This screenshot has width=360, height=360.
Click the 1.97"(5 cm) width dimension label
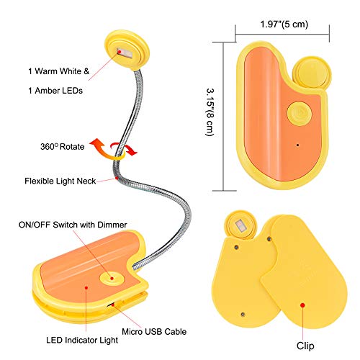(x=284, y=24)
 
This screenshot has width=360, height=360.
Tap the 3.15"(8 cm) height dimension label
(x=210, y=112)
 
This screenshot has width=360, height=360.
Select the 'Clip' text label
(x=305, y=346)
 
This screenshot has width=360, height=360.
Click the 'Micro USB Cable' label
(x=154, y=332)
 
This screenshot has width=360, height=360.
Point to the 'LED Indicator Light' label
(x=82, y=341)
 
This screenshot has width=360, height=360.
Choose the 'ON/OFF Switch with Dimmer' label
(x=73, y=225)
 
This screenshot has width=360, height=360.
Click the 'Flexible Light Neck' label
(x=60, y=181)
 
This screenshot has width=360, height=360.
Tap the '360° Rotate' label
(x=63, y=146)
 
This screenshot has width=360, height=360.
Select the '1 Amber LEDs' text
(x=55, y=91)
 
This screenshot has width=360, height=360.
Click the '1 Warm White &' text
(x=59, y=71)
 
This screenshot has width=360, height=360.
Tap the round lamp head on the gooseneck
(x=127, y=50)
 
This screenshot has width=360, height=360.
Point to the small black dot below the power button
(x=297, y=145)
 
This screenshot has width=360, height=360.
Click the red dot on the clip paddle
(x=302, y=305)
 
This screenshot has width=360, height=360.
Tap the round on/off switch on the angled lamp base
(x=112, y=279)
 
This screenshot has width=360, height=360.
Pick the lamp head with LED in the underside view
(x=240, y=225)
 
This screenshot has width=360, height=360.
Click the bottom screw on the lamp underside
(x=243, y=314)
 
